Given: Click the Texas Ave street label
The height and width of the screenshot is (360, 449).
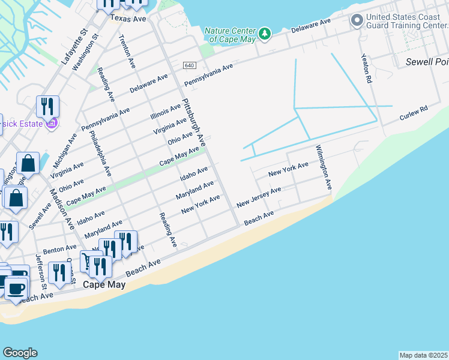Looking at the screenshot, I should pos(128,19).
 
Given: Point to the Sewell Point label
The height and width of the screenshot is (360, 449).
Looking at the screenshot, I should pos(426,62).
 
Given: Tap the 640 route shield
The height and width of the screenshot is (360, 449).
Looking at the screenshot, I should pos(190,65).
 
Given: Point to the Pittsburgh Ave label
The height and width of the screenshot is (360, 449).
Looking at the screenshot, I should pos(194,123).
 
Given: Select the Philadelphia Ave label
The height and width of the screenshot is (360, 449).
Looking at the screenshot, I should pos(100,153).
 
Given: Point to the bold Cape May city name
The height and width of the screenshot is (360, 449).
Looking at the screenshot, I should pos(104,285).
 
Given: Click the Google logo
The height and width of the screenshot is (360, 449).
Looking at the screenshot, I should pos(20,353).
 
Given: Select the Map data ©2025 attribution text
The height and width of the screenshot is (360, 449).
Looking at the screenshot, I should pos(423,355).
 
